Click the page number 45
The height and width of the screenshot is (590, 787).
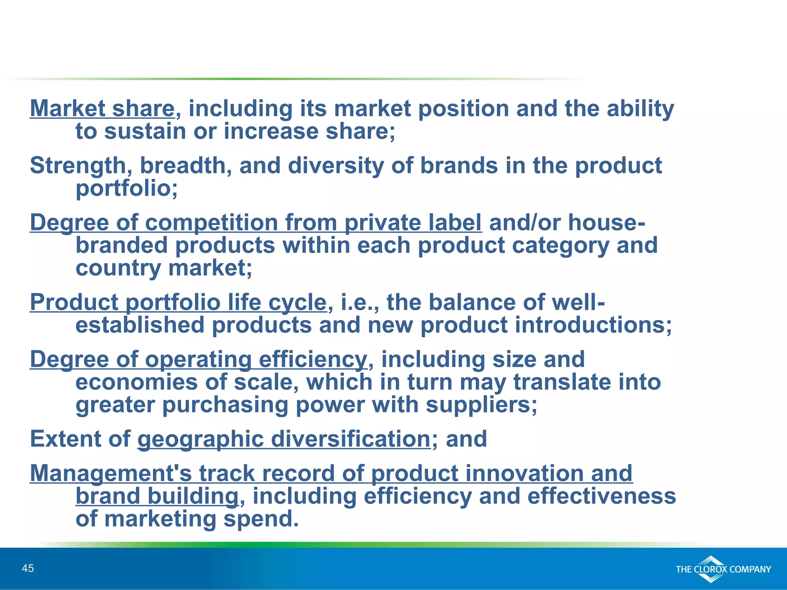[x=28, y=568]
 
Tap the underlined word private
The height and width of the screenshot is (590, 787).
[x=379, y=223]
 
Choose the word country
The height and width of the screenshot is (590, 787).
[x=118, y=268]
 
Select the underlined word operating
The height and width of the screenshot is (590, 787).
[x=198, y=360]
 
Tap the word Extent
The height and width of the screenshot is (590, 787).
[x=65, y=439]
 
